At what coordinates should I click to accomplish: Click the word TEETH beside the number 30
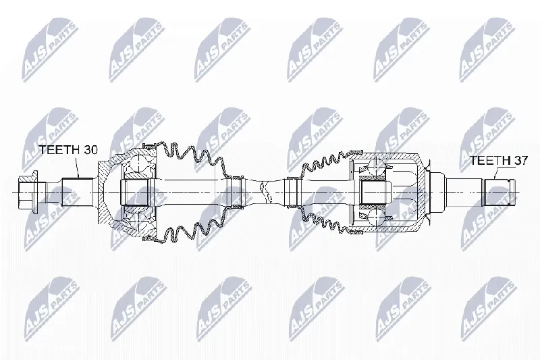[x=58, y=150]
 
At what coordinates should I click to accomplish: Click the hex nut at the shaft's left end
[x=28, y=192]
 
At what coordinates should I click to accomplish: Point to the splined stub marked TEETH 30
[x=78, y=192]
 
